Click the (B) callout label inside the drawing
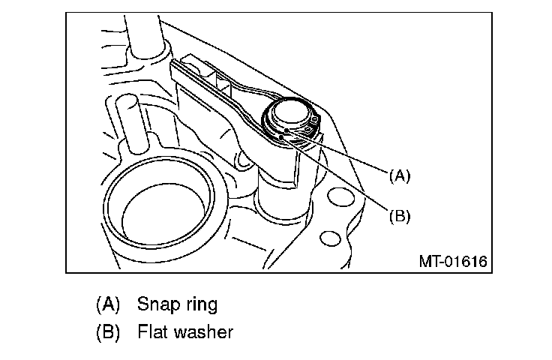click(400, 216)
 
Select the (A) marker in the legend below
click(108, 304)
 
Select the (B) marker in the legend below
click(108, 331)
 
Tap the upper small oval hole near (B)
click(340, 197)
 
